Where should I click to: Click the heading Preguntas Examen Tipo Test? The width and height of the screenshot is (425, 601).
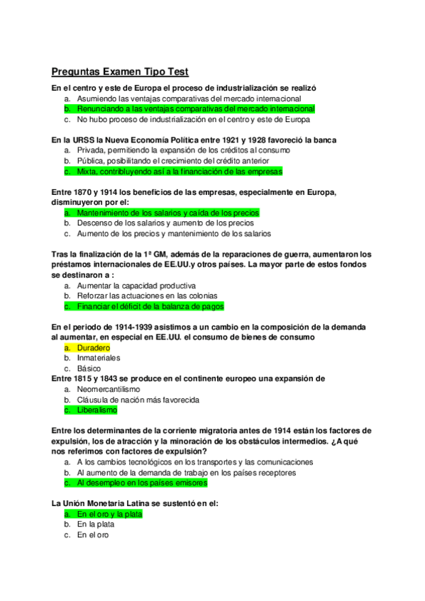pyautogui.click(x=119, y=72)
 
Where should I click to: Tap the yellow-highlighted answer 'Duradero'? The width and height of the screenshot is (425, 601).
pyautogui.click(x=93, y=348)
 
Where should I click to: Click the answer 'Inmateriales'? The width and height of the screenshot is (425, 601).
pyautogui.click(x=99, y=358)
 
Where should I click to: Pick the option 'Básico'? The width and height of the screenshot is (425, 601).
pyautogui.click(x=89, y=369)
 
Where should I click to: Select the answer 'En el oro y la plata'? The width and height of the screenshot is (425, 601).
pyautogui.click(x=110, y=514)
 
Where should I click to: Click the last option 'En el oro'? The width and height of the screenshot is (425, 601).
pyautogui.click(x=93, y=534)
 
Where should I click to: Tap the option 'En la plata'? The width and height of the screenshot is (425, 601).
pyautogui.click(x=96, y=524)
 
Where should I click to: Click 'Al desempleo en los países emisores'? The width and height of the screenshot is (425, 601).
pyautogui.click(x=142, y=483)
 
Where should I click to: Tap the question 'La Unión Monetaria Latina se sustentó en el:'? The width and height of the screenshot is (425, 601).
pyautogui.click(x=135, y=503)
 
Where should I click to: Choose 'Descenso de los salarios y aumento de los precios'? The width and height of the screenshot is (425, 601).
pyautogui.click(x=165, y=223)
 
